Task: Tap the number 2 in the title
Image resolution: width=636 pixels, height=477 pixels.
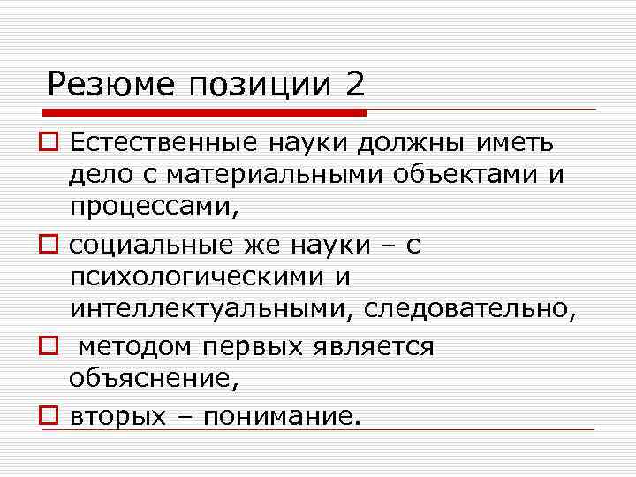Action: (x=353, y=86)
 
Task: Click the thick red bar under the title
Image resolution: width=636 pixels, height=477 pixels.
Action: (x=204, y=113)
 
